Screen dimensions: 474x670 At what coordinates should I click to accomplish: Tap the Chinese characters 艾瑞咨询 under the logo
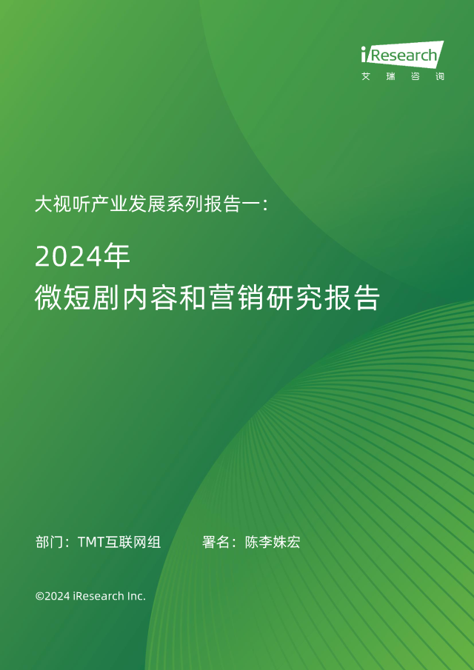tap(403, 76)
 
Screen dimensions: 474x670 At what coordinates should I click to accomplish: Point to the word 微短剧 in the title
tap(78, 298)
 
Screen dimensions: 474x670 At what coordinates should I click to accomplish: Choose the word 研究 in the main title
tap(294, 298)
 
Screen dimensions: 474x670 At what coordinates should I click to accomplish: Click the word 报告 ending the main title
tap(351, 298)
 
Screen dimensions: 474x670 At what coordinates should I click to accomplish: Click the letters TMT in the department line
tap(91, 542)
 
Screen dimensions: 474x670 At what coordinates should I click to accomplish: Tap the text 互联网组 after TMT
tap(133, 542)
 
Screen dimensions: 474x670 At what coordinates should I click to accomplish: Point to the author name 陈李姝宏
tap(273, 542)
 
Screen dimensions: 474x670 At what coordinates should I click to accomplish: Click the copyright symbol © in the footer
tap(40, 596)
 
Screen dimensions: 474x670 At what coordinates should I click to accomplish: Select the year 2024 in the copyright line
tap(57, 596)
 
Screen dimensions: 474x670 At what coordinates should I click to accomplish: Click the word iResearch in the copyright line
tap(98, 596)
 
